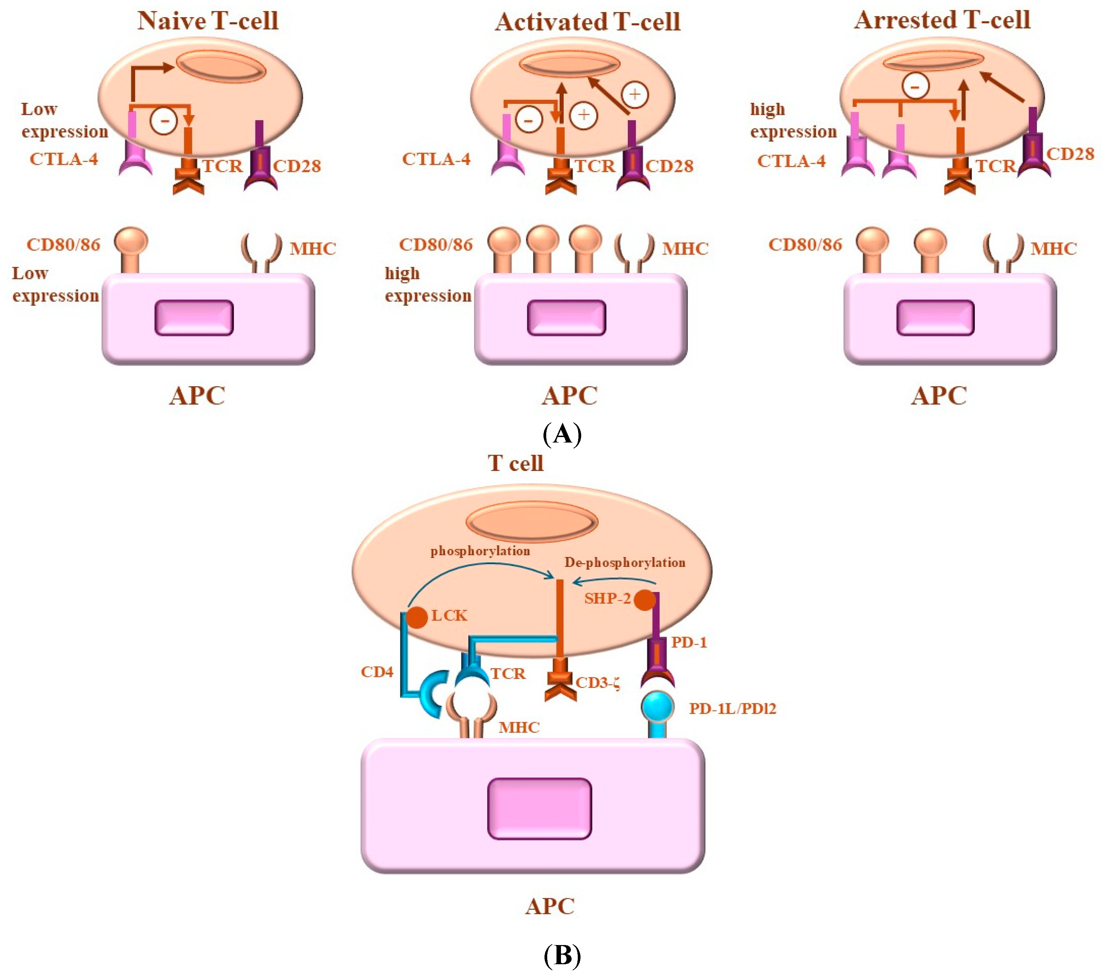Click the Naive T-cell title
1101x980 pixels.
click(x=208, y=21)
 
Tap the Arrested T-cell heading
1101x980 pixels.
click(x=942, y=20)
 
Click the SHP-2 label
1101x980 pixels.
click(x=607, y=598)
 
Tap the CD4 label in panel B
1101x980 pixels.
click(x=377, y=672)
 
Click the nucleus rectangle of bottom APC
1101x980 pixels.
click(x=539, y=808)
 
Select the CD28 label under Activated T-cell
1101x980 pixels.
click(x=670, y=166)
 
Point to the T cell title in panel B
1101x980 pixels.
click(x=515, y=463)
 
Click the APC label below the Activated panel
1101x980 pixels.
click(x=569, y=396)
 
